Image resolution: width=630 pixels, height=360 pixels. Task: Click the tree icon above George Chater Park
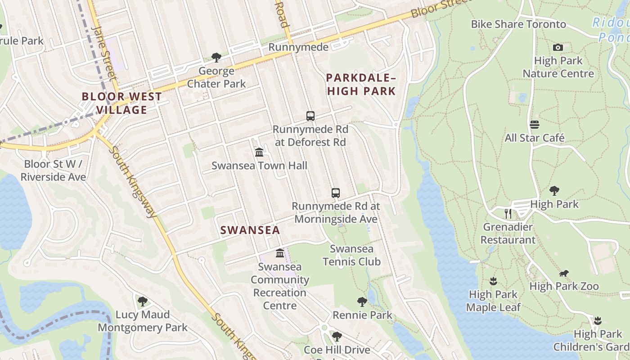click(x=216, y=58)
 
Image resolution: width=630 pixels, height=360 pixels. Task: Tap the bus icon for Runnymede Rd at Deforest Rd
click(x=310, y=116)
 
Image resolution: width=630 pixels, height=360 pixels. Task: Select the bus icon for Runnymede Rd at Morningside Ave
click(x=336, y=193)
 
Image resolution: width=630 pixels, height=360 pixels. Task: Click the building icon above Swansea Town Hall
click(x=259, y=153)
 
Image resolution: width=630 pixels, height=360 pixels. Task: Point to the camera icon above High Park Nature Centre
click(x=558, y=47)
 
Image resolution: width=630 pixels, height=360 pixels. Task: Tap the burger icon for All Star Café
click(x=535, y=125)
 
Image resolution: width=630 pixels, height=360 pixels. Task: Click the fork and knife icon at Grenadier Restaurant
click(x=508, y=213)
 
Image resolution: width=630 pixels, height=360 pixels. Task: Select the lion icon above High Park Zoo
click(x=564, y=273)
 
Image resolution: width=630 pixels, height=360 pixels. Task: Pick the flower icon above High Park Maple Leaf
click(x=493, y=281)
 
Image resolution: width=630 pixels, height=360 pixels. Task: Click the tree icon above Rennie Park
click(x=362, y=302)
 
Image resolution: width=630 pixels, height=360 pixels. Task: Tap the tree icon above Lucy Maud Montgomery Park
click(x=143, y=301)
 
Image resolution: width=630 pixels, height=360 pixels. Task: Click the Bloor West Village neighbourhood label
click(x=121, y=103)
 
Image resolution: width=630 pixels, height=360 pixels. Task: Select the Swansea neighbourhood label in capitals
click(x=250, y=230)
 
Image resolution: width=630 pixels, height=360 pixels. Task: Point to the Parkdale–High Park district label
click(x=361, y=85)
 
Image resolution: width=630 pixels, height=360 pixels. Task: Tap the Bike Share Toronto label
click(x=518, y=24)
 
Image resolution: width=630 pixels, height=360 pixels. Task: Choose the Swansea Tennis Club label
click(x=351, y=255)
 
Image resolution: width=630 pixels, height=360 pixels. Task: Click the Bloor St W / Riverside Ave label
click(x=53, y=171)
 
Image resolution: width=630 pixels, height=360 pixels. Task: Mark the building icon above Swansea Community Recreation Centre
click(x=280, y=253)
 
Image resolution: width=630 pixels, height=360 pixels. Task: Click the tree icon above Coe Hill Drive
click(x=337, y=337)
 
